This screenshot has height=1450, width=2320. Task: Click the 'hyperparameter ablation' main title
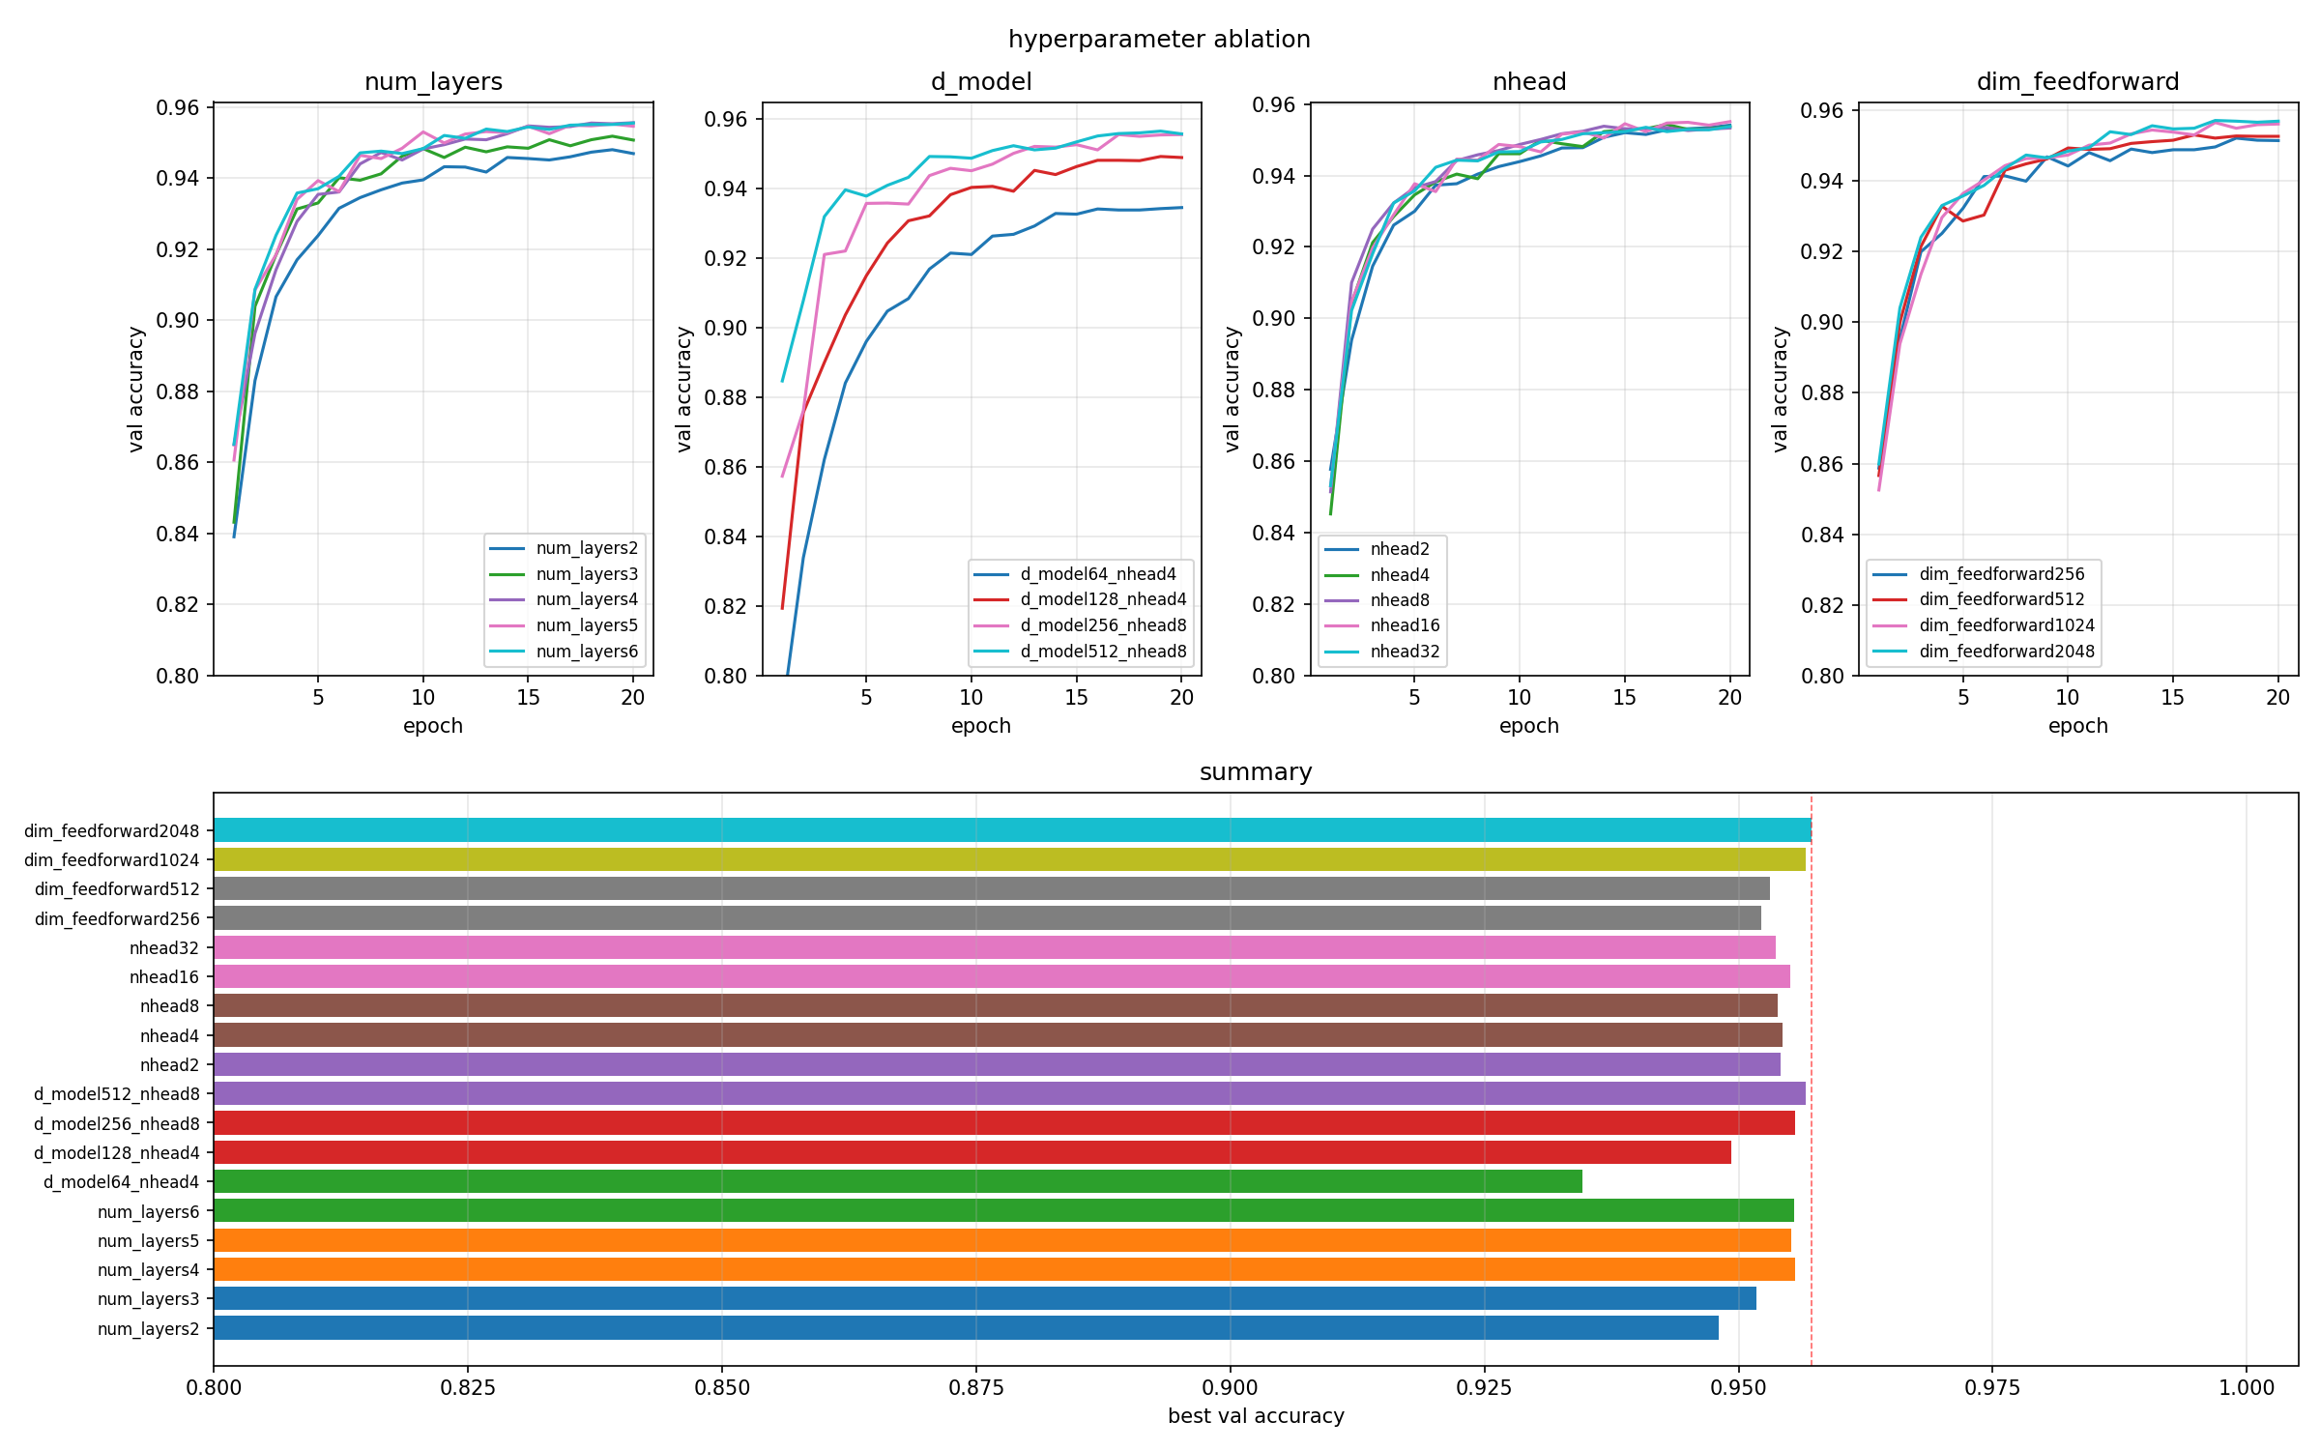coord(1159,40)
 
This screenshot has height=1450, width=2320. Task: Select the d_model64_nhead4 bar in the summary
coord(897,1181)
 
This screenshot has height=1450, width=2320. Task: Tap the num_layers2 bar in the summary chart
coord(965,1328)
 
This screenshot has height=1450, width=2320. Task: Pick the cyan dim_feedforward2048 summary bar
coord(1011,830)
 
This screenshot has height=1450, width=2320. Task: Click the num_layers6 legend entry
coord(587,652)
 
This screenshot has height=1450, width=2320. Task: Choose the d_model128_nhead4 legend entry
coord(1103,599)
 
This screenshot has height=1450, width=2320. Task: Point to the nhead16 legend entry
coord(1405,625)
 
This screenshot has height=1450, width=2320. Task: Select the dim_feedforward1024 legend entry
coord(2007,625)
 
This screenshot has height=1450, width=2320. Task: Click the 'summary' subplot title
coord(1256,772)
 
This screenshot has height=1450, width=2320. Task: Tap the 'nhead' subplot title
coord(1529,82)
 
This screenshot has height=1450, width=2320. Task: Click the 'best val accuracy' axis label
coord(1256,1416)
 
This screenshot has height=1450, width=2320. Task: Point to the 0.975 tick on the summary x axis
coord(1992,1388)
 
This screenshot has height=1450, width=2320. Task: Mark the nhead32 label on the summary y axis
coord(164,948)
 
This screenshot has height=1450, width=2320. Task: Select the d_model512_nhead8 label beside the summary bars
coord(117,1094)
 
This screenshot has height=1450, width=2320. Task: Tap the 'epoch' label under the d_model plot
coord(981,726)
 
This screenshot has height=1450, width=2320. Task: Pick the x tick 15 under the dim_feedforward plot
coord(2172,698)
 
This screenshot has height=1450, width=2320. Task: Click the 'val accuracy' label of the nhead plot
coord(1232,389)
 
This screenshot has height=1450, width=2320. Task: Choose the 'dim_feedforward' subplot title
coord(2077,82)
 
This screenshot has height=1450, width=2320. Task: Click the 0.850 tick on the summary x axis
coord(722,1388)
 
